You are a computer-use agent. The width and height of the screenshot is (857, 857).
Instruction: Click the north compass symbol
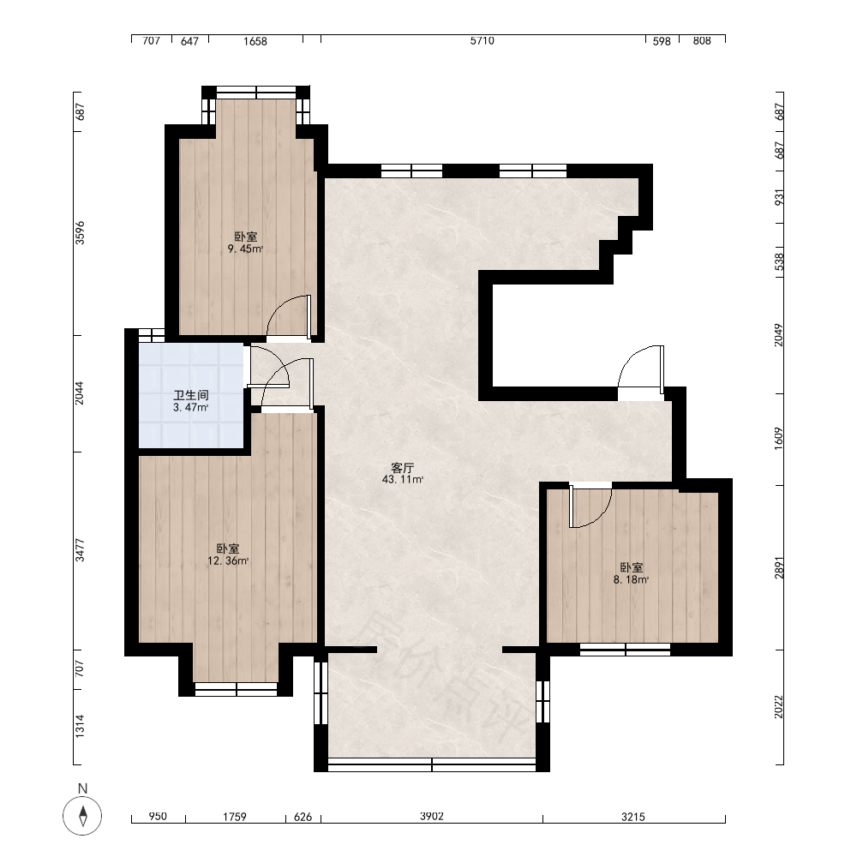(x=82, y=816)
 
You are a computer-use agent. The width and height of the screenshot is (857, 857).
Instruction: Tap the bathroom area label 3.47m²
(x=191, y=408)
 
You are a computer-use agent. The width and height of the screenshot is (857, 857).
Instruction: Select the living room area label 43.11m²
(x=403, y=480)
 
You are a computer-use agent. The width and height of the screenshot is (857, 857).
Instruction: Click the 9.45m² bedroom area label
(x=245, y=249)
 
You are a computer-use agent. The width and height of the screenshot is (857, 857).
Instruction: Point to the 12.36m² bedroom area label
(x=228, y=560)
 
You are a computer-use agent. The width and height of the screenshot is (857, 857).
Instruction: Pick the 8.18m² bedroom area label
(x=632, y=580)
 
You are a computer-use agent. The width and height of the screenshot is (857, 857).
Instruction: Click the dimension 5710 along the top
(x=482, y=41)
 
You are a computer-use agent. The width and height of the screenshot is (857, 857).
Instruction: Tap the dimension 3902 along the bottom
(x=432, y=817)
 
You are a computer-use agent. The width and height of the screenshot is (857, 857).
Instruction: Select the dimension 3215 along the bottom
(x=633, y=817)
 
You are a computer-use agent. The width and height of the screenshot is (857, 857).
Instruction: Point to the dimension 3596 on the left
(x=81, y=232)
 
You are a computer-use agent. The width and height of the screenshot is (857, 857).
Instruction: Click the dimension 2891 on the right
(x=779, y=568)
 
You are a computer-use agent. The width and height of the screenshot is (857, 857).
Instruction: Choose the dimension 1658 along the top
(x=255, y=41)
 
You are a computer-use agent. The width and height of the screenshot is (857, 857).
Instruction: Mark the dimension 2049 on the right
(x=779, y=335)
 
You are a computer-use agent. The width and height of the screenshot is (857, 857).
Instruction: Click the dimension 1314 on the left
(x=81, y=727)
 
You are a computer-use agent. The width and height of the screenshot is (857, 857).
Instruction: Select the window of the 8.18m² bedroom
(x=625, y=650)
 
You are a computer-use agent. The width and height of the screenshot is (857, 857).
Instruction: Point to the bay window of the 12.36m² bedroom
(x=237, y=689)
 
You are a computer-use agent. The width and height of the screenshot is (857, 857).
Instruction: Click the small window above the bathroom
(x=152, y=334)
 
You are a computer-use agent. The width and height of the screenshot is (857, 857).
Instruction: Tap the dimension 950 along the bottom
(x=158, y=817)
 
